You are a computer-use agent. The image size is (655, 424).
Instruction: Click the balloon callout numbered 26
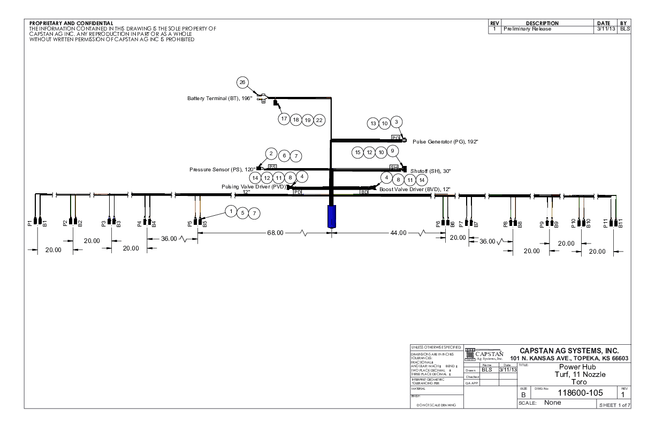pos(242,82)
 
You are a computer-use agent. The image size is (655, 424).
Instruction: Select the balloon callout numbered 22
pos(319,120)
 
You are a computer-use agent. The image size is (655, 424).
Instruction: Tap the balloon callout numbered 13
pos(374,124)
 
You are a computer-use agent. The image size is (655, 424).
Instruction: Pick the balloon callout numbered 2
pos(272,154)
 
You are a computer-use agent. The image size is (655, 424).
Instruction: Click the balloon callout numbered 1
pos(231,211)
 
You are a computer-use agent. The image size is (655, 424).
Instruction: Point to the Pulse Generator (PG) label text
pos(445,141)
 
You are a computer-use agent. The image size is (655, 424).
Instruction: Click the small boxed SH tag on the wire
pos(394,167)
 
